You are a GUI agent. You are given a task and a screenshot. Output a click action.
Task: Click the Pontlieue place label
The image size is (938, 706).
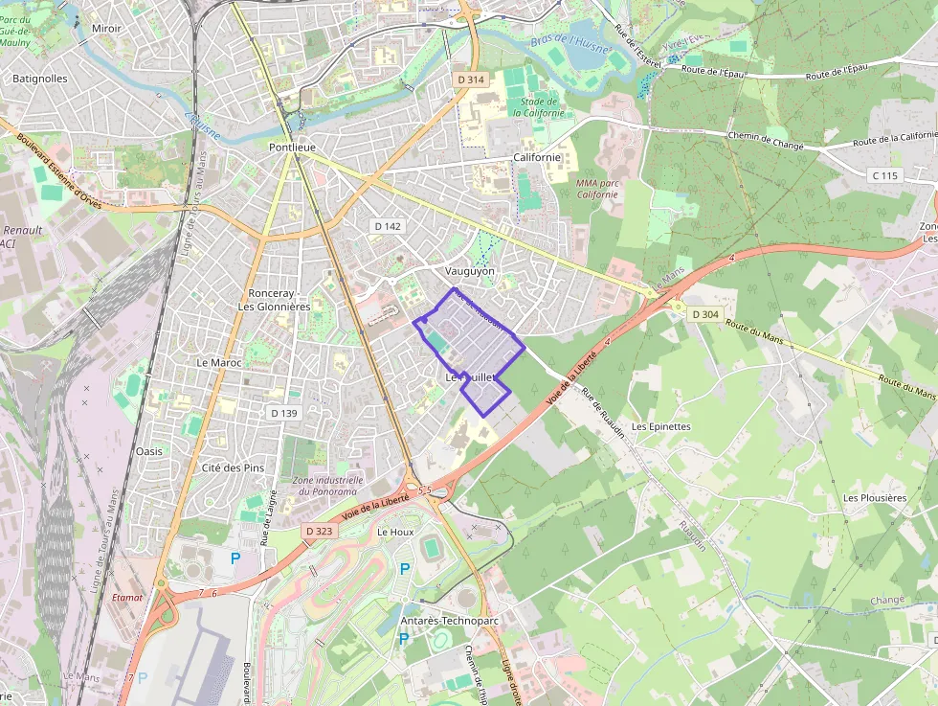pyautogui.click(x=292, y=148)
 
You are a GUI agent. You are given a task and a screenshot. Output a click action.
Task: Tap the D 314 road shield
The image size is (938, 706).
pyautogui.click(x=470, y=80)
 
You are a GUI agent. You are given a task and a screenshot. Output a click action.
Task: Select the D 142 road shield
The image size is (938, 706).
pyautogui.click(x=388, y=226)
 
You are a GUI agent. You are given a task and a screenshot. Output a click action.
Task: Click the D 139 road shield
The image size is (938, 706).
pyautogui.click(x=284, y=413)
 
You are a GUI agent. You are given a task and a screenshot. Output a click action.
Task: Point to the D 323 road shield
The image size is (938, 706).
pyautogui.click(x=320, y=530)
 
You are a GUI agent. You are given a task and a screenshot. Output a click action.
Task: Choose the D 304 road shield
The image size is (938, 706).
pyautogui.click(x=703, y=314)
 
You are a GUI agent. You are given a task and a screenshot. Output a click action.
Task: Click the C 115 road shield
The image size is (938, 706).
pyautogui.click(x=885, y=175)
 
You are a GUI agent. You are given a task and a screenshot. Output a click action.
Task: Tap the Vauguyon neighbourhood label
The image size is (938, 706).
pyautogui.click(x=470, y=271)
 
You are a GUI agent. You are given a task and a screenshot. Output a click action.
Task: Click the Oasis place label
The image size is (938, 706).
pyautogui.click(x=149, y=450)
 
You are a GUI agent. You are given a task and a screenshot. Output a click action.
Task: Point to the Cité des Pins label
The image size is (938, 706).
pyautogui.click(x=233, y=467)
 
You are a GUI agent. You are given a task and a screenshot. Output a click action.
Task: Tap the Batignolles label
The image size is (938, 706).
pyautogui.click(x=40, y=79)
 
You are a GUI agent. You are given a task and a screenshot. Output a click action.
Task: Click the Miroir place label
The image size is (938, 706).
pyautogui.click(x=106, y=29)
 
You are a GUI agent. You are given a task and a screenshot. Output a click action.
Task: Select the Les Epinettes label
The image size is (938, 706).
pyautogui.click(x=660, y=426)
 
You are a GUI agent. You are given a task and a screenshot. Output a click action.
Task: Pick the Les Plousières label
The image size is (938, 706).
pyautogui.click(x=874, y=498)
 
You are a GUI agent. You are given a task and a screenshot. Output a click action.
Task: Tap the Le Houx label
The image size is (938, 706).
pyautogui.click(x=395, y=531)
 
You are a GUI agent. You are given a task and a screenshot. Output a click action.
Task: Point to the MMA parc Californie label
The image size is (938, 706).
pyautogui.click(x=597, y=188)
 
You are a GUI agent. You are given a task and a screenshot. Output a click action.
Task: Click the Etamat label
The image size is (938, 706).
pyautogui.click(x=126, y=597)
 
